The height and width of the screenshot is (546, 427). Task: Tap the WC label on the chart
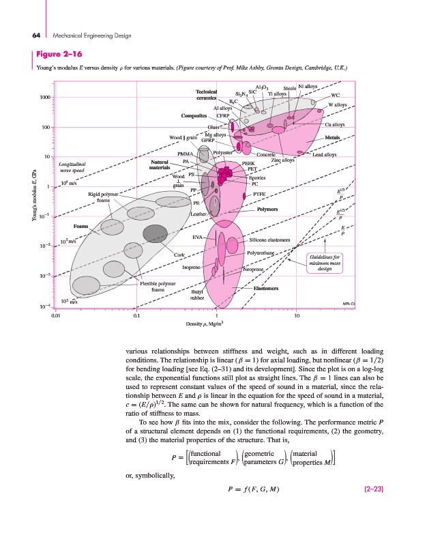click(x=335, y=96)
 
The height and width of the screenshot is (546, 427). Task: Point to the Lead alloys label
click(x=324, y=155)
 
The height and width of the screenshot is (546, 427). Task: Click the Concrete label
click(x=265, y=156)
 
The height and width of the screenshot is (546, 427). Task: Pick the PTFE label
click(x=259, y=194)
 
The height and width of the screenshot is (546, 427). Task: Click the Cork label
click(x=179, y=255)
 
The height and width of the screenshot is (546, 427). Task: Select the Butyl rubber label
click(x=197, y=294)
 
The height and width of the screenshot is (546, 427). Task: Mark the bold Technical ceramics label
click(x=206, y=95)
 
